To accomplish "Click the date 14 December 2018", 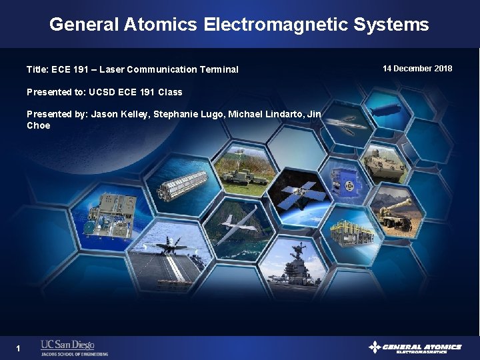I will click(417, 69).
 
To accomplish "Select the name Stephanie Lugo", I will click(189, 115).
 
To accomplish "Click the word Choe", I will click(38, 125).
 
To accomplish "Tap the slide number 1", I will click(19, 348).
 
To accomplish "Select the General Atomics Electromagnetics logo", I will click(415, 347).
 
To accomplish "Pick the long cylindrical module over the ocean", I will click(181, 185).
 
